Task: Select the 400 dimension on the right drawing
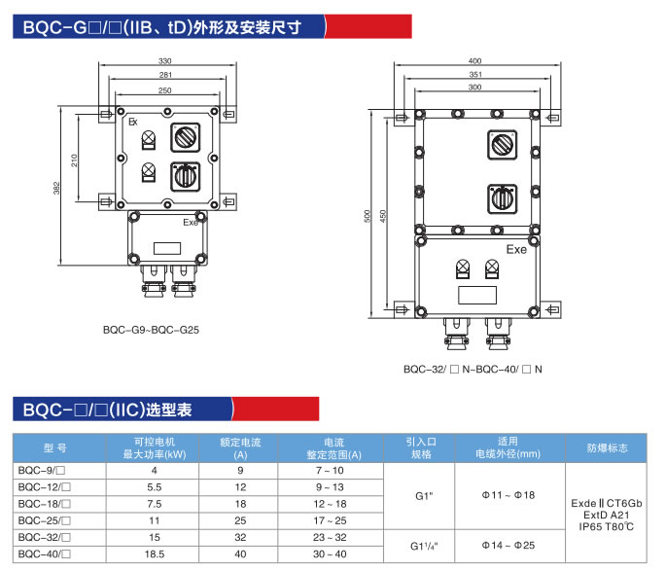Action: tap(474, 61)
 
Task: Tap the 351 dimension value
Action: tap(474, 75)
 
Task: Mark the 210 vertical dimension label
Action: tap(74, 158)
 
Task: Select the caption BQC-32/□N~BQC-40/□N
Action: tap(473, 369)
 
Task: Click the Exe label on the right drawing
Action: tap(516, 250)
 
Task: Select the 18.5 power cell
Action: tap(153, 554)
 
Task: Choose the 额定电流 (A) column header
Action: tap(240, 447)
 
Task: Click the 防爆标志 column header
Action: tap(608, 447)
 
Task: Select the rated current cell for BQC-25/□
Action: tap(240, 520)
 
